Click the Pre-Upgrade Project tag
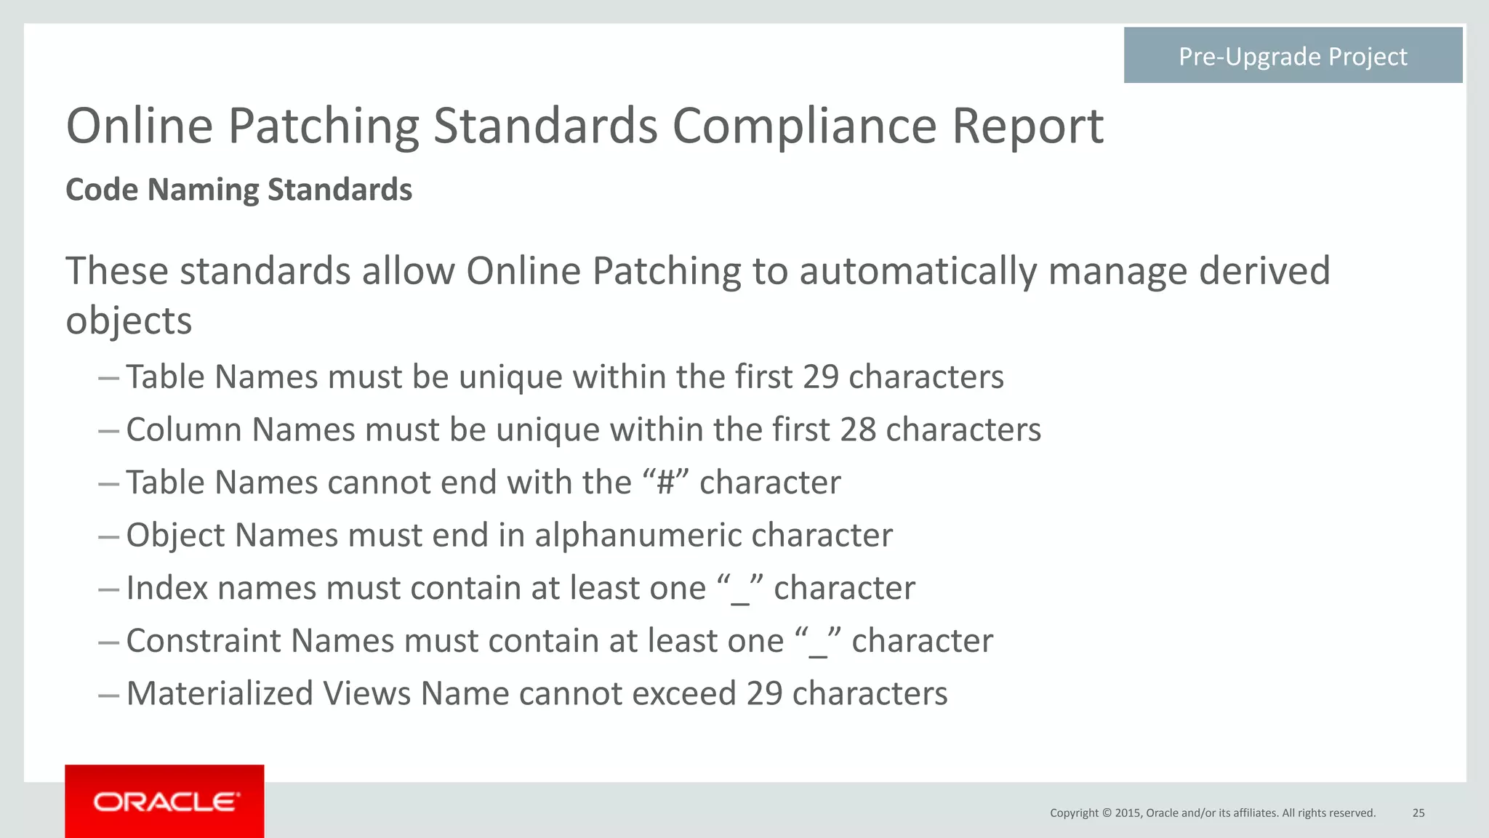1293,56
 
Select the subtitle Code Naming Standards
238,190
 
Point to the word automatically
918,271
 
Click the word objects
129,321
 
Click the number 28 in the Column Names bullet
858,430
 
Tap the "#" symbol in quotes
665,483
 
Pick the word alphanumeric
638,536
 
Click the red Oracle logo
164,801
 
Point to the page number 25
1418,813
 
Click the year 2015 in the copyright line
1128,813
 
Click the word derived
1264,271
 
